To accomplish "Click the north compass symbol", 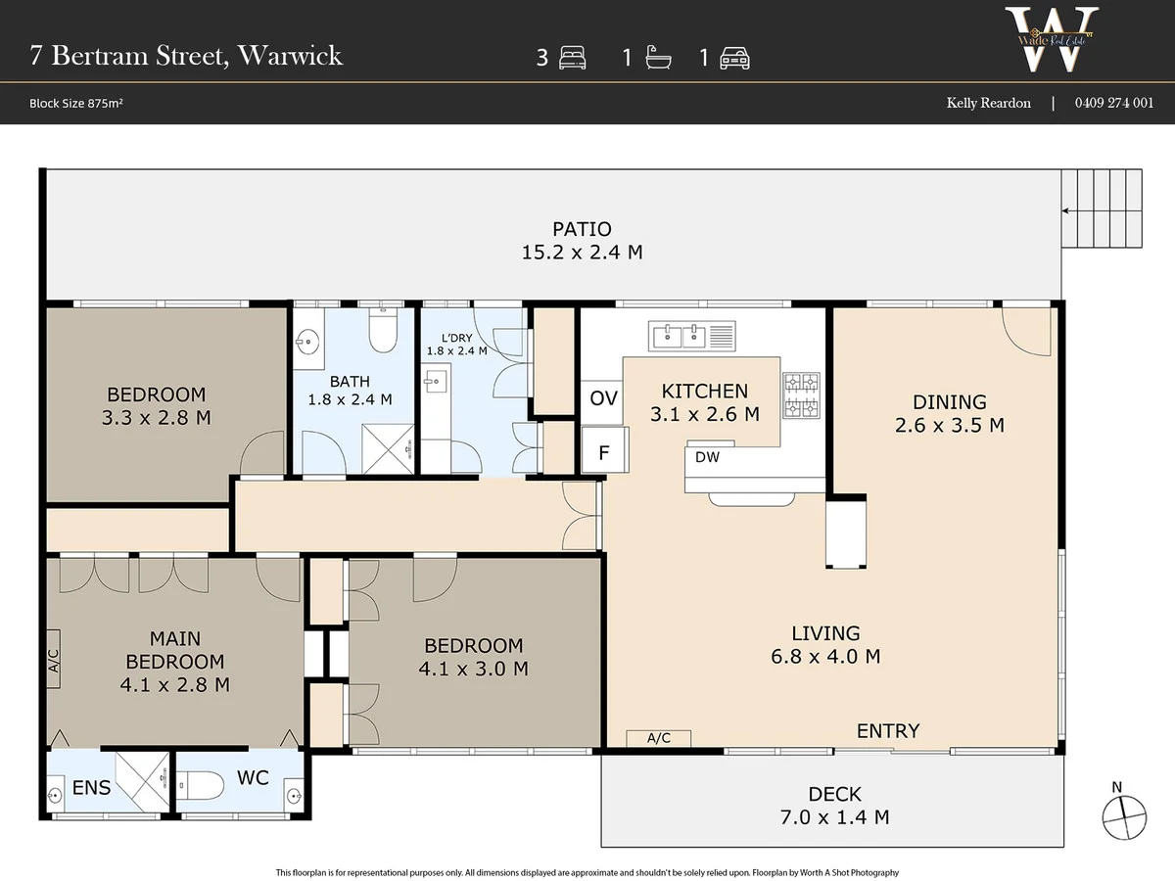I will click(1123, 816).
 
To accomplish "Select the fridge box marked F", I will click(603, 452).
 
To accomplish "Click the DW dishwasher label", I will click(706, 457).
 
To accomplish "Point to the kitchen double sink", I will click(691, 336).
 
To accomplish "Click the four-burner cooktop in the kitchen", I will click(800, 394).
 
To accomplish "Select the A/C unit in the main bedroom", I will click(54, 663).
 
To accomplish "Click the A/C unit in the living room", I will click(659, 738).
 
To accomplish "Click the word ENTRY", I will click(888, 730).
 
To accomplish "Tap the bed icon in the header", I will click(571, 59).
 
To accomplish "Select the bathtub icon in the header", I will click(657, 59).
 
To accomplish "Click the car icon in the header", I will click(734, 59).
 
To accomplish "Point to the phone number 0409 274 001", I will click(1113, 103).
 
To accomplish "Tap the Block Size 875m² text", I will click(76, 103).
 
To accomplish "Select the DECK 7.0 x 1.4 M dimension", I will click(835, 816).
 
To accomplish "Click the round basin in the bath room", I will click(307, 343).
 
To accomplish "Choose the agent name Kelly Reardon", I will click(988, 103).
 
